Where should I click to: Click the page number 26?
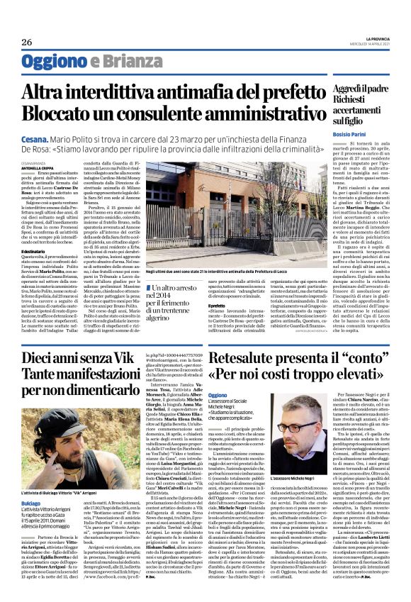pyautogui.click(x=27, y=43)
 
